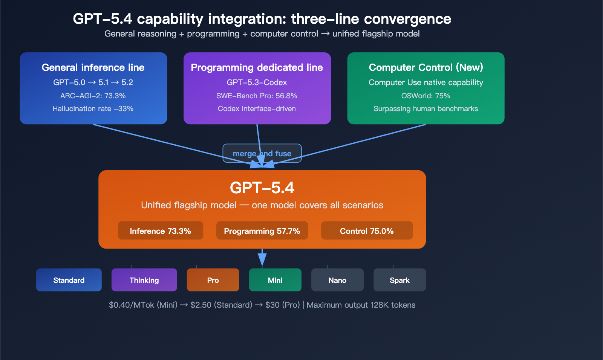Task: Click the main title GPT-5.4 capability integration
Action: click(x=262, y=19)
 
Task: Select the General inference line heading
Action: click(x=93, y=67)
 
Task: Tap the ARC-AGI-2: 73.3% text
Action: click(x=93, y=96)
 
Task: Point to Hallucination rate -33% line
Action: click(x=93, y=109)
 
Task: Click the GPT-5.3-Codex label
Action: click(x=257, y=82)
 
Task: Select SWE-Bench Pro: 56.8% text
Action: click(x=257, y=96)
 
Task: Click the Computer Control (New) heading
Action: click(x=426, y=67)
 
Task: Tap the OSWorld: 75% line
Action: click(x=426, y=96)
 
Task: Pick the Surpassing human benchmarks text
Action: click(x=426, y=109)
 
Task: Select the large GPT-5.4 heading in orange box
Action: click(x=262, y=188)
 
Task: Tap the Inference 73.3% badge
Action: click(x=161, y=231)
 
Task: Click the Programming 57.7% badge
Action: click(x=262, y=231)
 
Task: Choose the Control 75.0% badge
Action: click(x=367, y=231)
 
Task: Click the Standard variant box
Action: click(x=69, y=280)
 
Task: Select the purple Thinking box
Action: click(x=144, y=280)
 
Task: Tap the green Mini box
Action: click(x=275, y=280)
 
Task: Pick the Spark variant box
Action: click(x=399, y=280)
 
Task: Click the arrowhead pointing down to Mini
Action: click(x=262, y=259)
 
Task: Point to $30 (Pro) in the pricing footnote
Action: click(x=282, y=305)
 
